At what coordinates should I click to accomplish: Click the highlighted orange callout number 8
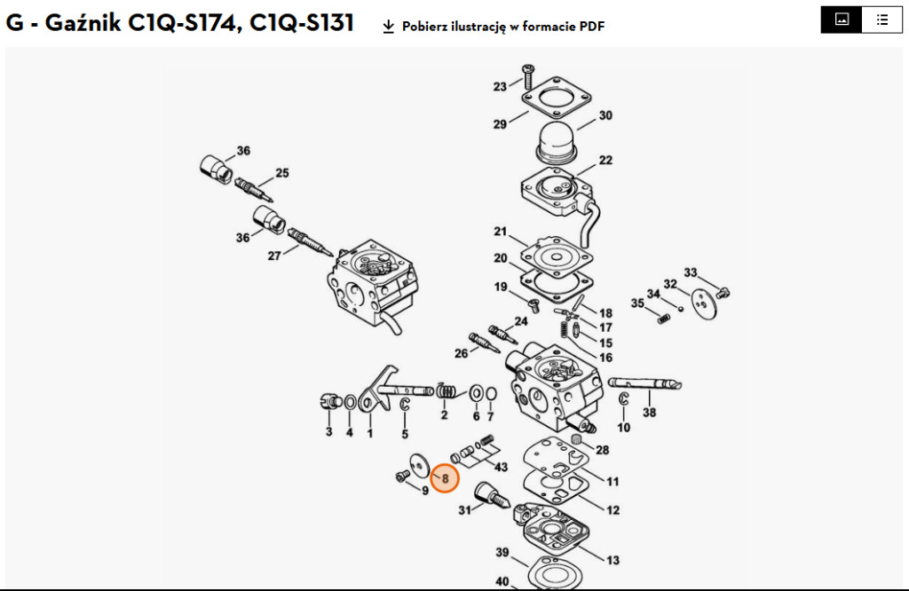pyautogui.click(x=446, y=479)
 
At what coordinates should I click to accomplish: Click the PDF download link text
pyautogui.click(x=503, y=27)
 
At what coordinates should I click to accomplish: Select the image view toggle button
pyautogui.click(x=842, y=20)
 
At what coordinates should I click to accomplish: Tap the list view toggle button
pyautogui.click(x=881, y=20)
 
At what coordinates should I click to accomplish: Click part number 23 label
pyautogui.click(x=501, y=87)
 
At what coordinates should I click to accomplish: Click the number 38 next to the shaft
pyautogui.click(x=650, y=413)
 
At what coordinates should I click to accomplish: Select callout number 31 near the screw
pyautogui.click(x=464, y=510)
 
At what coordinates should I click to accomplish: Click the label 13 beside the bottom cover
pyautogui.click(x=613, y=560)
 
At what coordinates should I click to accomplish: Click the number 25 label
pyautogui.click(x=282, y=173)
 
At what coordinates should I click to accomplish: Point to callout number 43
pyautogui.click(x=502, y=467)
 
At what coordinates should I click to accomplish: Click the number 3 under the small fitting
pyautogui.click(x=328, y=432)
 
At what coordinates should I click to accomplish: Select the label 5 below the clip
pyautogui.click(x=405, y=434)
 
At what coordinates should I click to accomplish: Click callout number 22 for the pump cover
pyautogui.click(x=605, y=161)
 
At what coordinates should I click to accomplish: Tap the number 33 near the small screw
pyautogui.click(x=691, y=272)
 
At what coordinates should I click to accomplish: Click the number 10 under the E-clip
pyautogui.click(x=624, y=428)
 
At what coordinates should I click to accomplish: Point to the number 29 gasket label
pyautogui.click(x=500, y=124)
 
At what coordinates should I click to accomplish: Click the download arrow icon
pyautogui.click(x=388, y=27)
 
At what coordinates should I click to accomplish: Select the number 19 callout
pyautogui.click(x=501, y=287)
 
